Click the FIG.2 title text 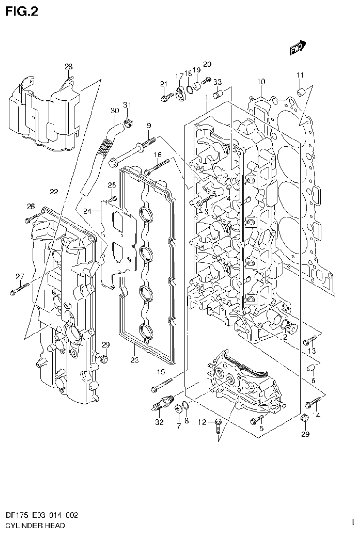click(21, 11)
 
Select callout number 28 click(69, 67)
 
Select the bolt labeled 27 click(19, 288)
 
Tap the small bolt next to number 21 click(167, 98)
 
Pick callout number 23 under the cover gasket click(134, 361)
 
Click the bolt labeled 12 click(218, 426)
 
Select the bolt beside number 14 click(313, 402)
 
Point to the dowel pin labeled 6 click(311, 368)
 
